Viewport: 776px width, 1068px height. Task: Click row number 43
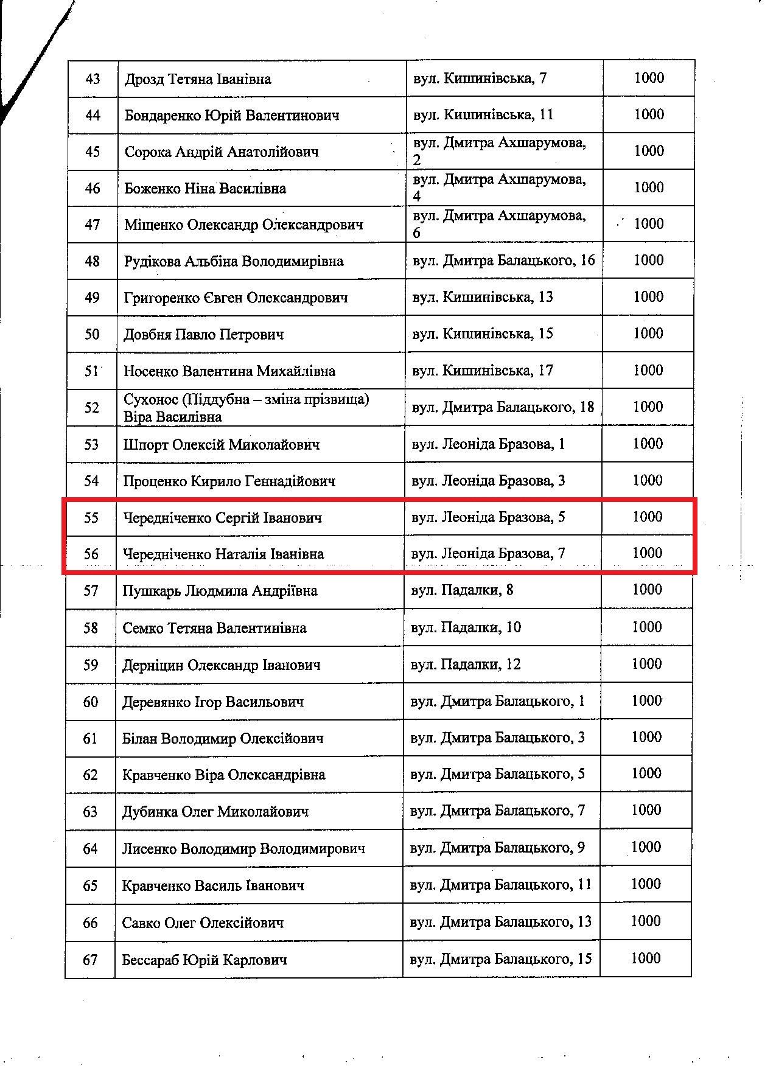(x=93, y=79)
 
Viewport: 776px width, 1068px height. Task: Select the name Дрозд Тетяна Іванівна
(x=198, y=79)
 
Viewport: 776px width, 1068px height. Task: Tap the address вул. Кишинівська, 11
(x=483, y=115)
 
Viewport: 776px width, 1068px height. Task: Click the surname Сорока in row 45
(x=148, y=152)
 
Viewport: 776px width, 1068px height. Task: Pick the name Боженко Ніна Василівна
(x=205, y=188)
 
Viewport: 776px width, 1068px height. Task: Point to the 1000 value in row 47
(x=648, y=224)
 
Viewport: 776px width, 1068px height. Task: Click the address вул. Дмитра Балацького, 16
(x=503, y=260)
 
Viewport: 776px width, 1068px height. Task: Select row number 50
(x=92, y=334)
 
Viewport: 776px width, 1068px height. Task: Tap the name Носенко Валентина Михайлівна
(x=229, y=371)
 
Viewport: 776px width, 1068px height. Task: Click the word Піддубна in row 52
(x=207, y=399)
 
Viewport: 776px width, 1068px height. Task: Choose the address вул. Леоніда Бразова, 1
(x=488, y=444)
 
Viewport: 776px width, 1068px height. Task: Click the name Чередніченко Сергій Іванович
(x=223, y=518)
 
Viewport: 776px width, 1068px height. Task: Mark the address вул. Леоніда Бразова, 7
(x=488, y=554)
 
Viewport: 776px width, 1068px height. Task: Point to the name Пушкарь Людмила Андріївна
(x=220, y=591)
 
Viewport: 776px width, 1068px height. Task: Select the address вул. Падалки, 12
(x=466, y=664)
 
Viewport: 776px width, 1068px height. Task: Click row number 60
(x=91, y=702)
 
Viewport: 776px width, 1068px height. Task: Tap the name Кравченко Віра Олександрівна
(x=224, y=775)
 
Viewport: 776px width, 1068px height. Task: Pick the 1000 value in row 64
(x=646, y=847)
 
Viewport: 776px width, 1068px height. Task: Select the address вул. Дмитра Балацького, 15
(x=501, y=959)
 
